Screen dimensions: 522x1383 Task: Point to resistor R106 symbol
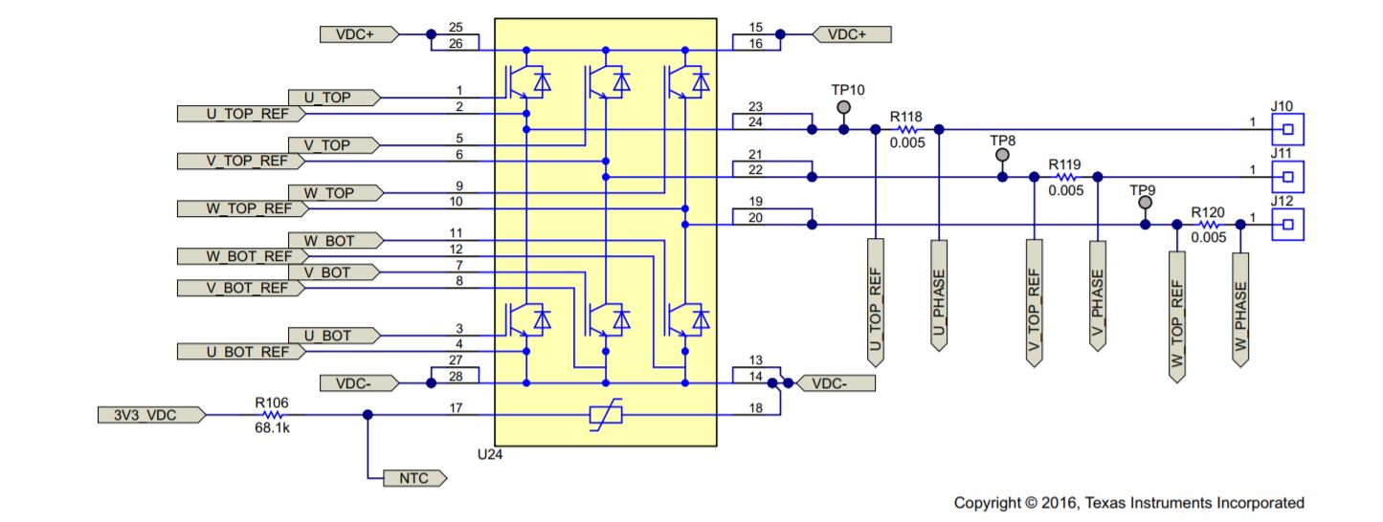[273, 415]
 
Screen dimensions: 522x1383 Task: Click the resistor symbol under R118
[906, 129]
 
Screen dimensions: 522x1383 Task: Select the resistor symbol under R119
[1065, 177]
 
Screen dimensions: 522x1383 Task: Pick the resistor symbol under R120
[1208, 225]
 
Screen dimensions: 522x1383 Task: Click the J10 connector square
[1288, 129]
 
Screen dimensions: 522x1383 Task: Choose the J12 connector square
[1288, 225]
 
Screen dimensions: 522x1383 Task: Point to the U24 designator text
[489, 455]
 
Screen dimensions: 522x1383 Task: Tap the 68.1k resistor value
[273, 429]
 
